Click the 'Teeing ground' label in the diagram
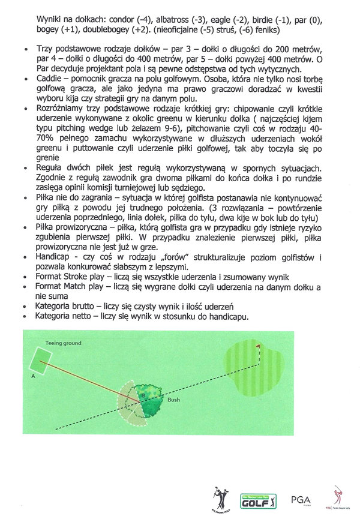point(62,341)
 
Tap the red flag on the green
point(259,347)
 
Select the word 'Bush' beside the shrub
point(173,399)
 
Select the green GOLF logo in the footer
point(258,499)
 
